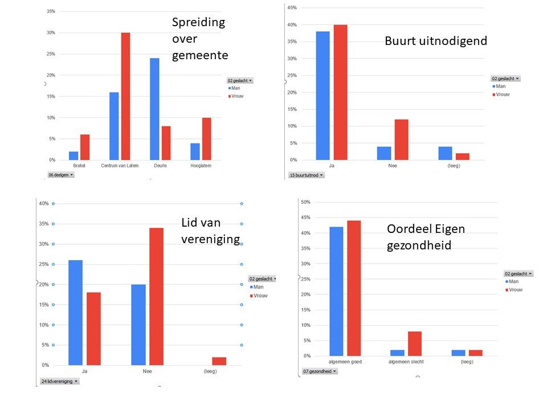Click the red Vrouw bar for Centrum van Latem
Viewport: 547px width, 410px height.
(125, 96)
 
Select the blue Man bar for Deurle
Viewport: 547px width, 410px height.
(154, 109)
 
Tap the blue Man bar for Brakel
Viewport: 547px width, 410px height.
(74, 155)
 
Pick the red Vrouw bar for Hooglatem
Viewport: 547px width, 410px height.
(206, 139)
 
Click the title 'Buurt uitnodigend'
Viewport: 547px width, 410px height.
(436, 41)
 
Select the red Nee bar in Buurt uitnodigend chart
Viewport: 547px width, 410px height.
(402, 140)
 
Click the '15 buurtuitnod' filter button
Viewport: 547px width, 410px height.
(306, 175)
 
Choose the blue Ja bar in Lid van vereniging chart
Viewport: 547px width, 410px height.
(75, 313)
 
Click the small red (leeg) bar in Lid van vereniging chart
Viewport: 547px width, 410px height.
(219, 361)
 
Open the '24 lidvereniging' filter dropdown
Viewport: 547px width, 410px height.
(59, 381)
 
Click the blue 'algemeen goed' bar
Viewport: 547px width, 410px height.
(336, 292)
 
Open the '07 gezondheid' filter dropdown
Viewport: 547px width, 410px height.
(319, 371)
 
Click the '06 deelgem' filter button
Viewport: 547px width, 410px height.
(61, 175)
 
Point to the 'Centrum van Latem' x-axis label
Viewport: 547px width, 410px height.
(119, 166)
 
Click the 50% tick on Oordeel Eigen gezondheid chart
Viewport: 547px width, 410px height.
(305, 202)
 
